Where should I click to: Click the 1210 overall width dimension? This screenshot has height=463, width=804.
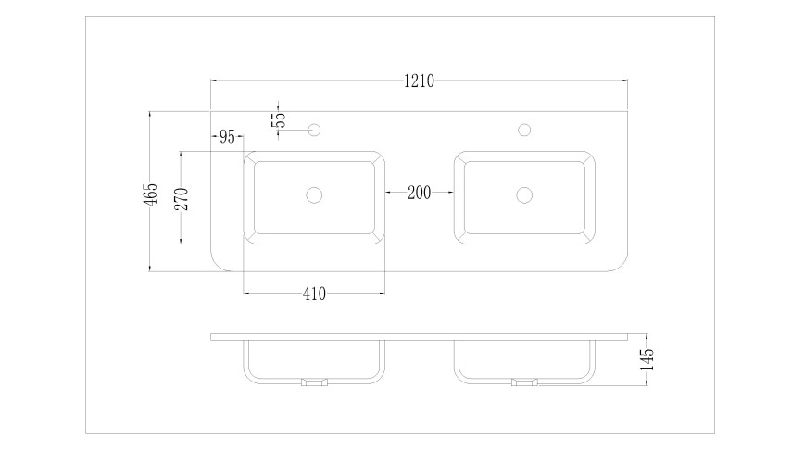[419, 81]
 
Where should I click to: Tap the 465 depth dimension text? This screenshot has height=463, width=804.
[150, 194]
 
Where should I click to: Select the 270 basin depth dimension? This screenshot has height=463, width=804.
[182, 199]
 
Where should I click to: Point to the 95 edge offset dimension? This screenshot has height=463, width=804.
[227, 137]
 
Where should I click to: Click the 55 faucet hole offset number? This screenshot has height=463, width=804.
[280, 119]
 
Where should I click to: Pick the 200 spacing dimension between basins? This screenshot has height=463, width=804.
[419, 193]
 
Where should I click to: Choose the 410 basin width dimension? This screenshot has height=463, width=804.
[314, 294]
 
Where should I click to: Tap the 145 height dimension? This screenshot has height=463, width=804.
[647, 359]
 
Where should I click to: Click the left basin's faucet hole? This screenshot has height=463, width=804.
[314, 130]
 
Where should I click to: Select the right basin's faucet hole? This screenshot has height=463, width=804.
[524, 130]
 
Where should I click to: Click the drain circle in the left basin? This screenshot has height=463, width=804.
[314, 194]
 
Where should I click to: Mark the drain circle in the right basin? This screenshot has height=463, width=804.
[524, 194]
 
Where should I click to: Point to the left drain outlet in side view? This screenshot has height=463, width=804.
[314, 382]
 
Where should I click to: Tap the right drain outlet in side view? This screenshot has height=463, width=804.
[524, 382]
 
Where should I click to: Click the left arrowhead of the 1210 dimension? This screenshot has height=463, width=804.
[215, 81]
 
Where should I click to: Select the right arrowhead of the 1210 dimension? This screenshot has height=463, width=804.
[624, 81]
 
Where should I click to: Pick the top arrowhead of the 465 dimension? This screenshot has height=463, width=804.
[150, 115]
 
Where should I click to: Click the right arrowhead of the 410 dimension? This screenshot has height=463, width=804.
[381, 294]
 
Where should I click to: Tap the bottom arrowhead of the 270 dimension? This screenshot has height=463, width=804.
[181, 240]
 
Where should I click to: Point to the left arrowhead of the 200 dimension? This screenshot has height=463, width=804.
[389, 193]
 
